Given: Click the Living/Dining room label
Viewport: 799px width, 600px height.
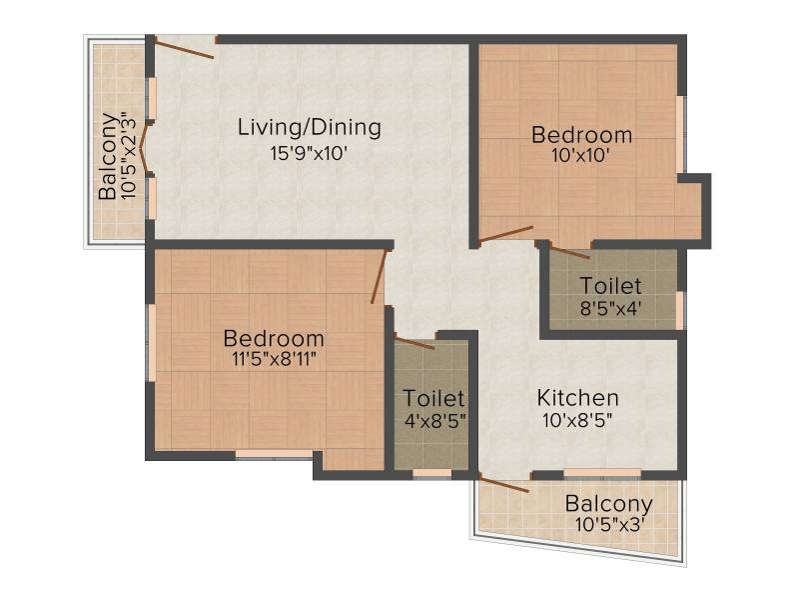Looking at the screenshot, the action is [x=310, y=128].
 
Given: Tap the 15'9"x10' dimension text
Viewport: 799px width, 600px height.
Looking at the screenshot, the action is [x=309, y=153].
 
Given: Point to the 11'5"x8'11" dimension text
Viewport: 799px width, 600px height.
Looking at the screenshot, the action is [x=274, y=359].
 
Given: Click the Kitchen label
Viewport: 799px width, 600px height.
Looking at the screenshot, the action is [x=578, y=398].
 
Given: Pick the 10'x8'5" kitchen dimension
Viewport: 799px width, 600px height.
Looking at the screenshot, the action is [x=577, y=420].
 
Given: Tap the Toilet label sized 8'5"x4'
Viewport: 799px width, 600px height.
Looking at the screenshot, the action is [x=610, y=286].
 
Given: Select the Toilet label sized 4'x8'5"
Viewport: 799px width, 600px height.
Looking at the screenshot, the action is [x=433, y=398].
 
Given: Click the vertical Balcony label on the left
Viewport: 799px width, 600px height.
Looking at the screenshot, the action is [x=107, y=156].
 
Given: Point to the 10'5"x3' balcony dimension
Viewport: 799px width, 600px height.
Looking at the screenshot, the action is [x=610, y=524].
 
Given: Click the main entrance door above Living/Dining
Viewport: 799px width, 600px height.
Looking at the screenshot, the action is [x=184, y=49].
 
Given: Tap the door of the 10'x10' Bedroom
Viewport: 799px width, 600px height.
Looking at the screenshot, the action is [x=506, y=234].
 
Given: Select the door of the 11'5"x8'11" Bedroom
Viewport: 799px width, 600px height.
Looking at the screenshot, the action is [x=380, y=276].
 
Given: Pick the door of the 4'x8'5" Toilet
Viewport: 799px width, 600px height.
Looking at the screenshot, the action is [x=414, y=343].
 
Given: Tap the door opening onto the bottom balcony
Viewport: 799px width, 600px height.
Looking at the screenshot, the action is [x=504, y=485].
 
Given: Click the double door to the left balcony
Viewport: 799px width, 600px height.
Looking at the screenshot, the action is [x=145, y=148].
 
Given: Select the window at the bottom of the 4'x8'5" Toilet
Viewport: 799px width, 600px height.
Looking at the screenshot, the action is [x=432, y=473].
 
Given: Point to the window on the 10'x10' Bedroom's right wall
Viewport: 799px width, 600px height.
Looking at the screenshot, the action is [x=680, y=134].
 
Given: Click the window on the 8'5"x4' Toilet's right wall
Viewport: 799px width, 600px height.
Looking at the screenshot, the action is [x=679, y=310].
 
